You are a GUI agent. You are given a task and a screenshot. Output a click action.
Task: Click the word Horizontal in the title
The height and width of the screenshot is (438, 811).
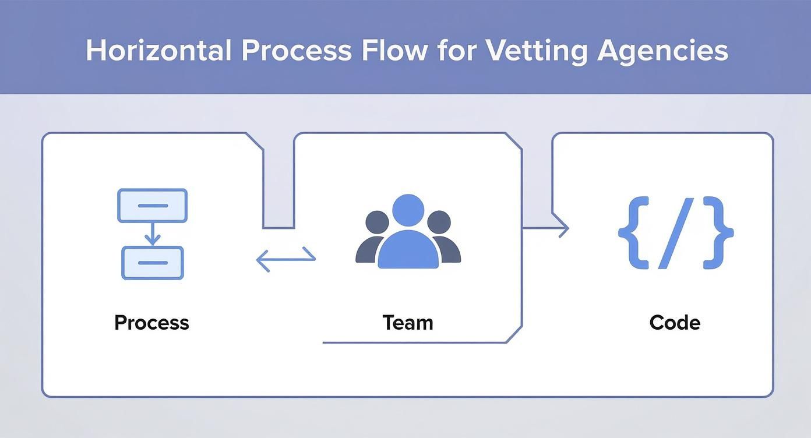[x=158, y=51]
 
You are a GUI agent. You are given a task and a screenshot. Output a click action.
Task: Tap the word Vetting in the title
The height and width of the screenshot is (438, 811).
[x=535, y=51]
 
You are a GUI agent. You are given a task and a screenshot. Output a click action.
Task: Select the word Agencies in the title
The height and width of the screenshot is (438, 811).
[x=662, y=51]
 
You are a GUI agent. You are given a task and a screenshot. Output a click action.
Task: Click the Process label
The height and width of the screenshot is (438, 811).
[x=151, y=323]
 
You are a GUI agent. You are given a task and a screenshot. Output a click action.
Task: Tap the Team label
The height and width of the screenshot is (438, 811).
[x=408, y=323]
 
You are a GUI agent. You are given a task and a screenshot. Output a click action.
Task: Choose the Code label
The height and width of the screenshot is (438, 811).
[x=675, y=323]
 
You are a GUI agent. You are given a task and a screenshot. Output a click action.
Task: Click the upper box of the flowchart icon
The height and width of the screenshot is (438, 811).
[x=152, y=206]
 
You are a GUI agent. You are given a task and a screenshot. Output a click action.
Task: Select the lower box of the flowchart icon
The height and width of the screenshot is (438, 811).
[x=152, y=263]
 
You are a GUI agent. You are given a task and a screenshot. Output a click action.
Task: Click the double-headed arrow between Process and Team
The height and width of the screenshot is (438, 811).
[x=286, y=258]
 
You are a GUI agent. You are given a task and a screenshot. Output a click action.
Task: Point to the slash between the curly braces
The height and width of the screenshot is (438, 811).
[x=676, y=233]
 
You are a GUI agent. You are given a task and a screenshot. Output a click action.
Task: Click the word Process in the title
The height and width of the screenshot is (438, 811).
[x=297, y=51]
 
